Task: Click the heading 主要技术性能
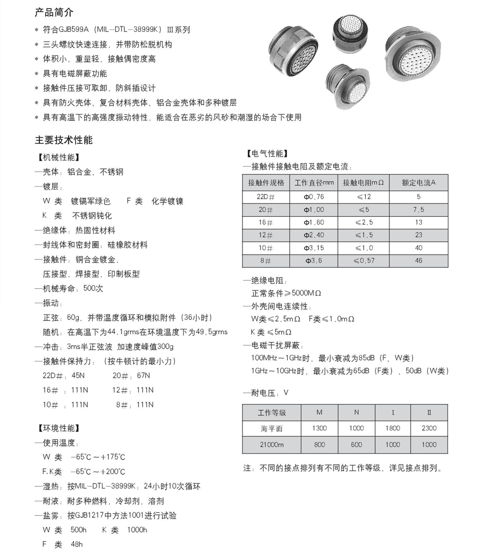pyautogui.click(x=64, y=140)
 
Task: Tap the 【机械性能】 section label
pyautogui.click(x=58, y=158)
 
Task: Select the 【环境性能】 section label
pyautogui.click(x=58, y=428)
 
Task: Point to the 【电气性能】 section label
pyautogui.click(x=267, y=154)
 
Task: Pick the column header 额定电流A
pyautogui.click(x=418, y=183)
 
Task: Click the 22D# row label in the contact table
pyautogui.click(x=266, y=197)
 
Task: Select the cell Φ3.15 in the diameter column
pyautogui.click(x=314, y=248)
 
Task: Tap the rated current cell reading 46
pyautogui.click(x=418, y=261)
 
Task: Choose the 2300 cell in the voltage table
pyautogui.click(x=428, y=428)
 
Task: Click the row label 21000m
pyautogui.click(x=271, y=445)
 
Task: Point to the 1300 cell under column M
pyautogui.click(x=319, y=428)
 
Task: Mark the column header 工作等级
pyautogui.click(x=271, y=412)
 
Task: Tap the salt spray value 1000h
pyautogui.click(x=137, y=530)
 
